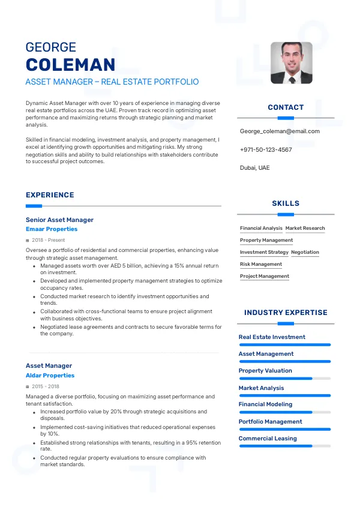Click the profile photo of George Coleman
tap(292, 62)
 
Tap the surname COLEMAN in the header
tap(70, 65)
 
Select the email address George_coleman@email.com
tap(280, 131)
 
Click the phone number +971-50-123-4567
tap(266, 149)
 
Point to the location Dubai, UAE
tap(255, 167)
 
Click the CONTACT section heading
tap(286, 107)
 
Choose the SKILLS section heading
tap(286, 203)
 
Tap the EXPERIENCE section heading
tap(50, 195)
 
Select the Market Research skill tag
tap(305, 229)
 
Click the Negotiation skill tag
tap(305, 253)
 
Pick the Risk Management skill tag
tap(261, 265)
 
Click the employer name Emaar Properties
tap(52, 229)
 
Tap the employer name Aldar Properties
tap(50, 376)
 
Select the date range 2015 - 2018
tap(46, 386)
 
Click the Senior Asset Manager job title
tap(59, 220)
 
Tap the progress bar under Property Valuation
tap(285, 379)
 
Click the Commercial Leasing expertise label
tap(268, 439)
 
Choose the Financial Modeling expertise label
tap(265, 404)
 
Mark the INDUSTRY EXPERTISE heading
tap(286, 313)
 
